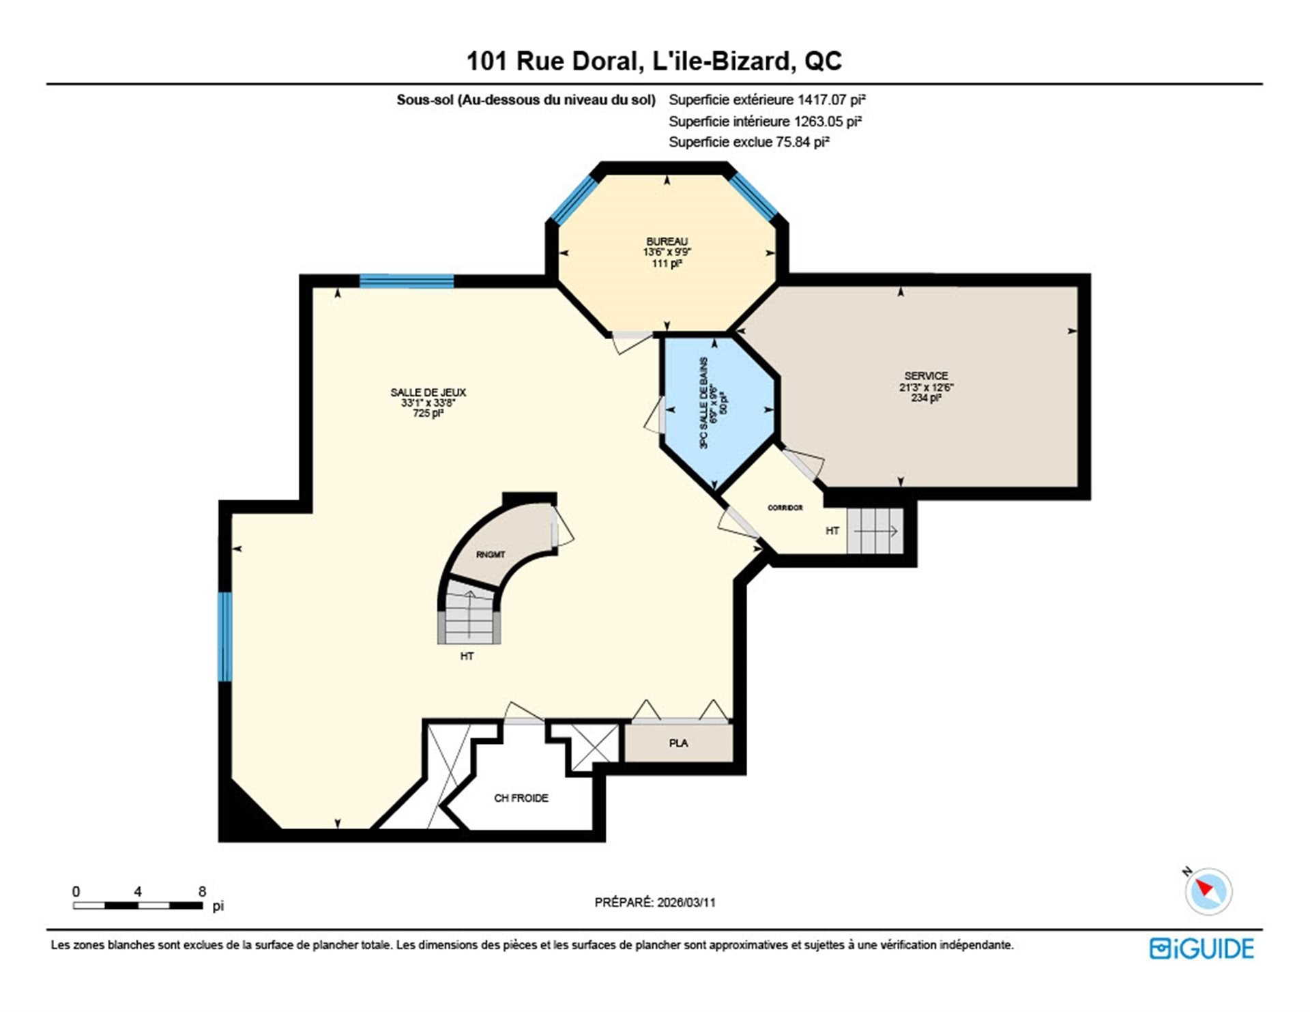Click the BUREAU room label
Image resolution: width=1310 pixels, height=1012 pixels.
[x=667, y=242]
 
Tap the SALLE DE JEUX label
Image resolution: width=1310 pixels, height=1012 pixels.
[x=428, y=392]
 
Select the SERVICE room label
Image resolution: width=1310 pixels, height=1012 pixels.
[x=926, y=376]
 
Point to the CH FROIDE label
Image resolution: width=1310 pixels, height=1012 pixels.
[x=521, y=798]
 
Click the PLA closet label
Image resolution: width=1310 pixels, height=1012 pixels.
[x=678, y=743]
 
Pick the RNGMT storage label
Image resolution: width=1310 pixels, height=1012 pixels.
[x=491, y=555]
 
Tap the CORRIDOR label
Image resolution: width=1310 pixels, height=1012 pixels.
[x=785, y=508]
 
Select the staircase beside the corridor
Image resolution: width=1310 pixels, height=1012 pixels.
[x=875, y=531]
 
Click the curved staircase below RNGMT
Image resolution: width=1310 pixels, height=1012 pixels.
[x=469, y=618]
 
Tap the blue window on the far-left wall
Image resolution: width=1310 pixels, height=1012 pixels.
[x=225, y=637]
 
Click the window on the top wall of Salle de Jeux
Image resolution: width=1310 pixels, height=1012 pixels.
[x=407, y=281]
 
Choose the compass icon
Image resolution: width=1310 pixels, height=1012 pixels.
[x=1208, y=891]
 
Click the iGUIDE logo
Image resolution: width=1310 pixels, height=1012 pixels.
[x=1202, y=949]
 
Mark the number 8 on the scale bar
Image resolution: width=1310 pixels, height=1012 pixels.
[x=202, y=891]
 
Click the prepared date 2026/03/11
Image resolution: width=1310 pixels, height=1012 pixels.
[x=686, y=902]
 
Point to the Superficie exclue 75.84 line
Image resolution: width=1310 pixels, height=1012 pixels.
[x=748, y=142]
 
